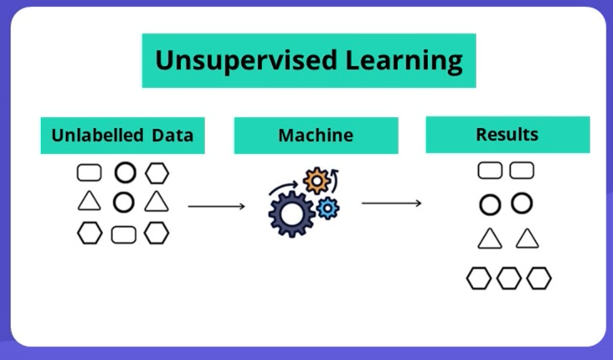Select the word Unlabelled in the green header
click(97, 136)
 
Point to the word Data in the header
click(173, 136)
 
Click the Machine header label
click(316, 136)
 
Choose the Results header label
click(507, 134)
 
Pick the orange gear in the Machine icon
click(317, 179)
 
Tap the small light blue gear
click(329, 208)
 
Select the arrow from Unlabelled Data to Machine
click(216, 205)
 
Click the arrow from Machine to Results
click(391, 203)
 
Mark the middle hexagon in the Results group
click(508, 278)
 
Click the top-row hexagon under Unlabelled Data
click(157, 173)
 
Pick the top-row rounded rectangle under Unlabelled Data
click(89, 173)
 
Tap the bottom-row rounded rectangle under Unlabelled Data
click(123, 234)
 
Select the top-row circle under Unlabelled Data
click(124, 173)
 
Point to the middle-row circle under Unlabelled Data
click(123, 202)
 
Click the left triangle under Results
click(490, 239)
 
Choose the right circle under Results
click(522, 203)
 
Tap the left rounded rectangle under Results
click(490, 171)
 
